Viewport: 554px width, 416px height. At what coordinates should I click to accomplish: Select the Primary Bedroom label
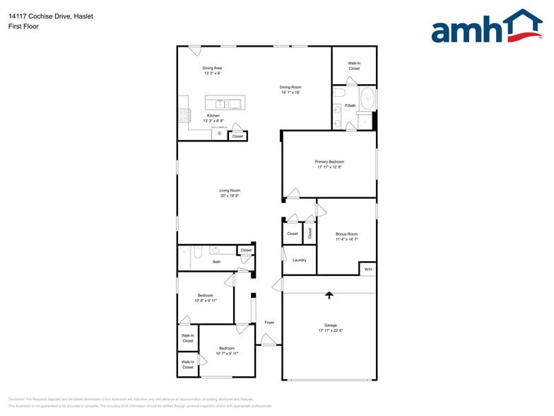pos(329,161)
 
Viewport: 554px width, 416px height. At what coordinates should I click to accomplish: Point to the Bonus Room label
pos(346,233)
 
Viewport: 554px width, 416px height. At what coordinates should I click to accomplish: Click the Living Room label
pos(230,190)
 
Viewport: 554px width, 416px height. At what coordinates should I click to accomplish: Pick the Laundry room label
pos(299,260)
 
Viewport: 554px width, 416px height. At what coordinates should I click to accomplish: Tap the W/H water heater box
pos(367,269)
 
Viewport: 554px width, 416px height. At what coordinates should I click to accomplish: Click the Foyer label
pos(269,323)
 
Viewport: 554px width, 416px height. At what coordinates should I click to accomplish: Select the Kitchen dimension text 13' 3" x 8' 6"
pos(213,121)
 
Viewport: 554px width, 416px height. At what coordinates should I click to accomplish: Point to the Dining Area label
pos(212,68)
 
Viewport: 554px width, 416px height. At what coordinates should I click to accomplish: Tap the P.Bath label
pos(350,106)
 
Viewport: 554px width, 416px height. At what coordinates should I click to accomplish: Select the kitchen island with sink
pos(223,103)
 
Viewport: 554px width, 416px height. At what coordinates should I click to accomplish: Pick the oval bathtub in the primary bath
pos(367,100)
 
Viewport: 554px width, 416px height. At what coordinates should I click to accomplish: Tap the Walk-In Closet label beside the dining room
pos(354,66)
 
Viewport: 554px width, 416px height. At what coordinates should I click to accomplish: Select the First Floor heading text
pos(24,26)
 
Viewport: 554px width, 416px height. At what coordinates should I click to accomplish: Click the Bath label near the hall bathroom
pos(217,262)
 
